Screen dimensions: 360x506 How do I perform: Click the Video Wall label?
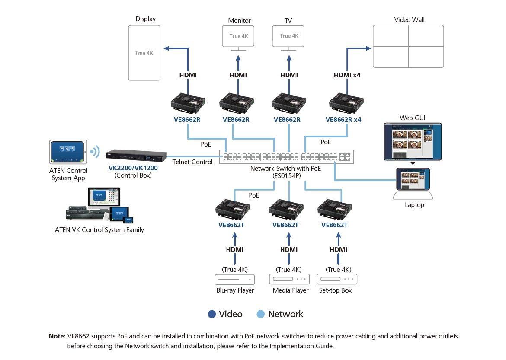[x=409, y=20]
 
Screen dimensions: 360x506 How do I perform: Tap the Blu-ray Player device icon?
[x=235, y=279]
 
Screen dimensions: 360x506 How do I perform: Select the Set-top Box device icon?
[x=337, y=279]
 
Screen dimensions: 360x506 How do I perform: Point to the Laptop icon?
[x=414, y=184]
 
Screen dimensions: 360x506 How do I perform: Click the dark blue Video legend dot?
[x=212, y=314]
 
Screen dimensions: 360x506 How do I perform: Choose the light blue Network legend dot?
[x=261, y=314]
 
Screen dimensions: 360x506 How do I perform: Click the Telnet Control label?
[x=192, y=162]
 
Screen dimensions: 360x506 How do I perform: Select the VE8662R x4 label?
[x=343, y=120]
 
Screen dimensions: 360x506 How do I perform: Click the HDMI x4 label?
[x=347, y=75]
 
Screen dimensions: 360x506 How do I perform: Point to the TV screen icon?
[x=288, y=36]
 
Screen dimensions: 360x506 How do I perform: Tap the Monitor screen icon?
[x=238, y=36]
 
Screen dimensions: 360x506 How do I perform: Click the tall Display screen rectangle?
[x=144, y=53]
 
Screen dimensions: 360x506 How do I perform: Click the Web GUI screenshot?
[x=413, y=141]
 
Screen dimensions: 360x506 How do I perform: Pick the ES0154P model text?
[x=285, y=176]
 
